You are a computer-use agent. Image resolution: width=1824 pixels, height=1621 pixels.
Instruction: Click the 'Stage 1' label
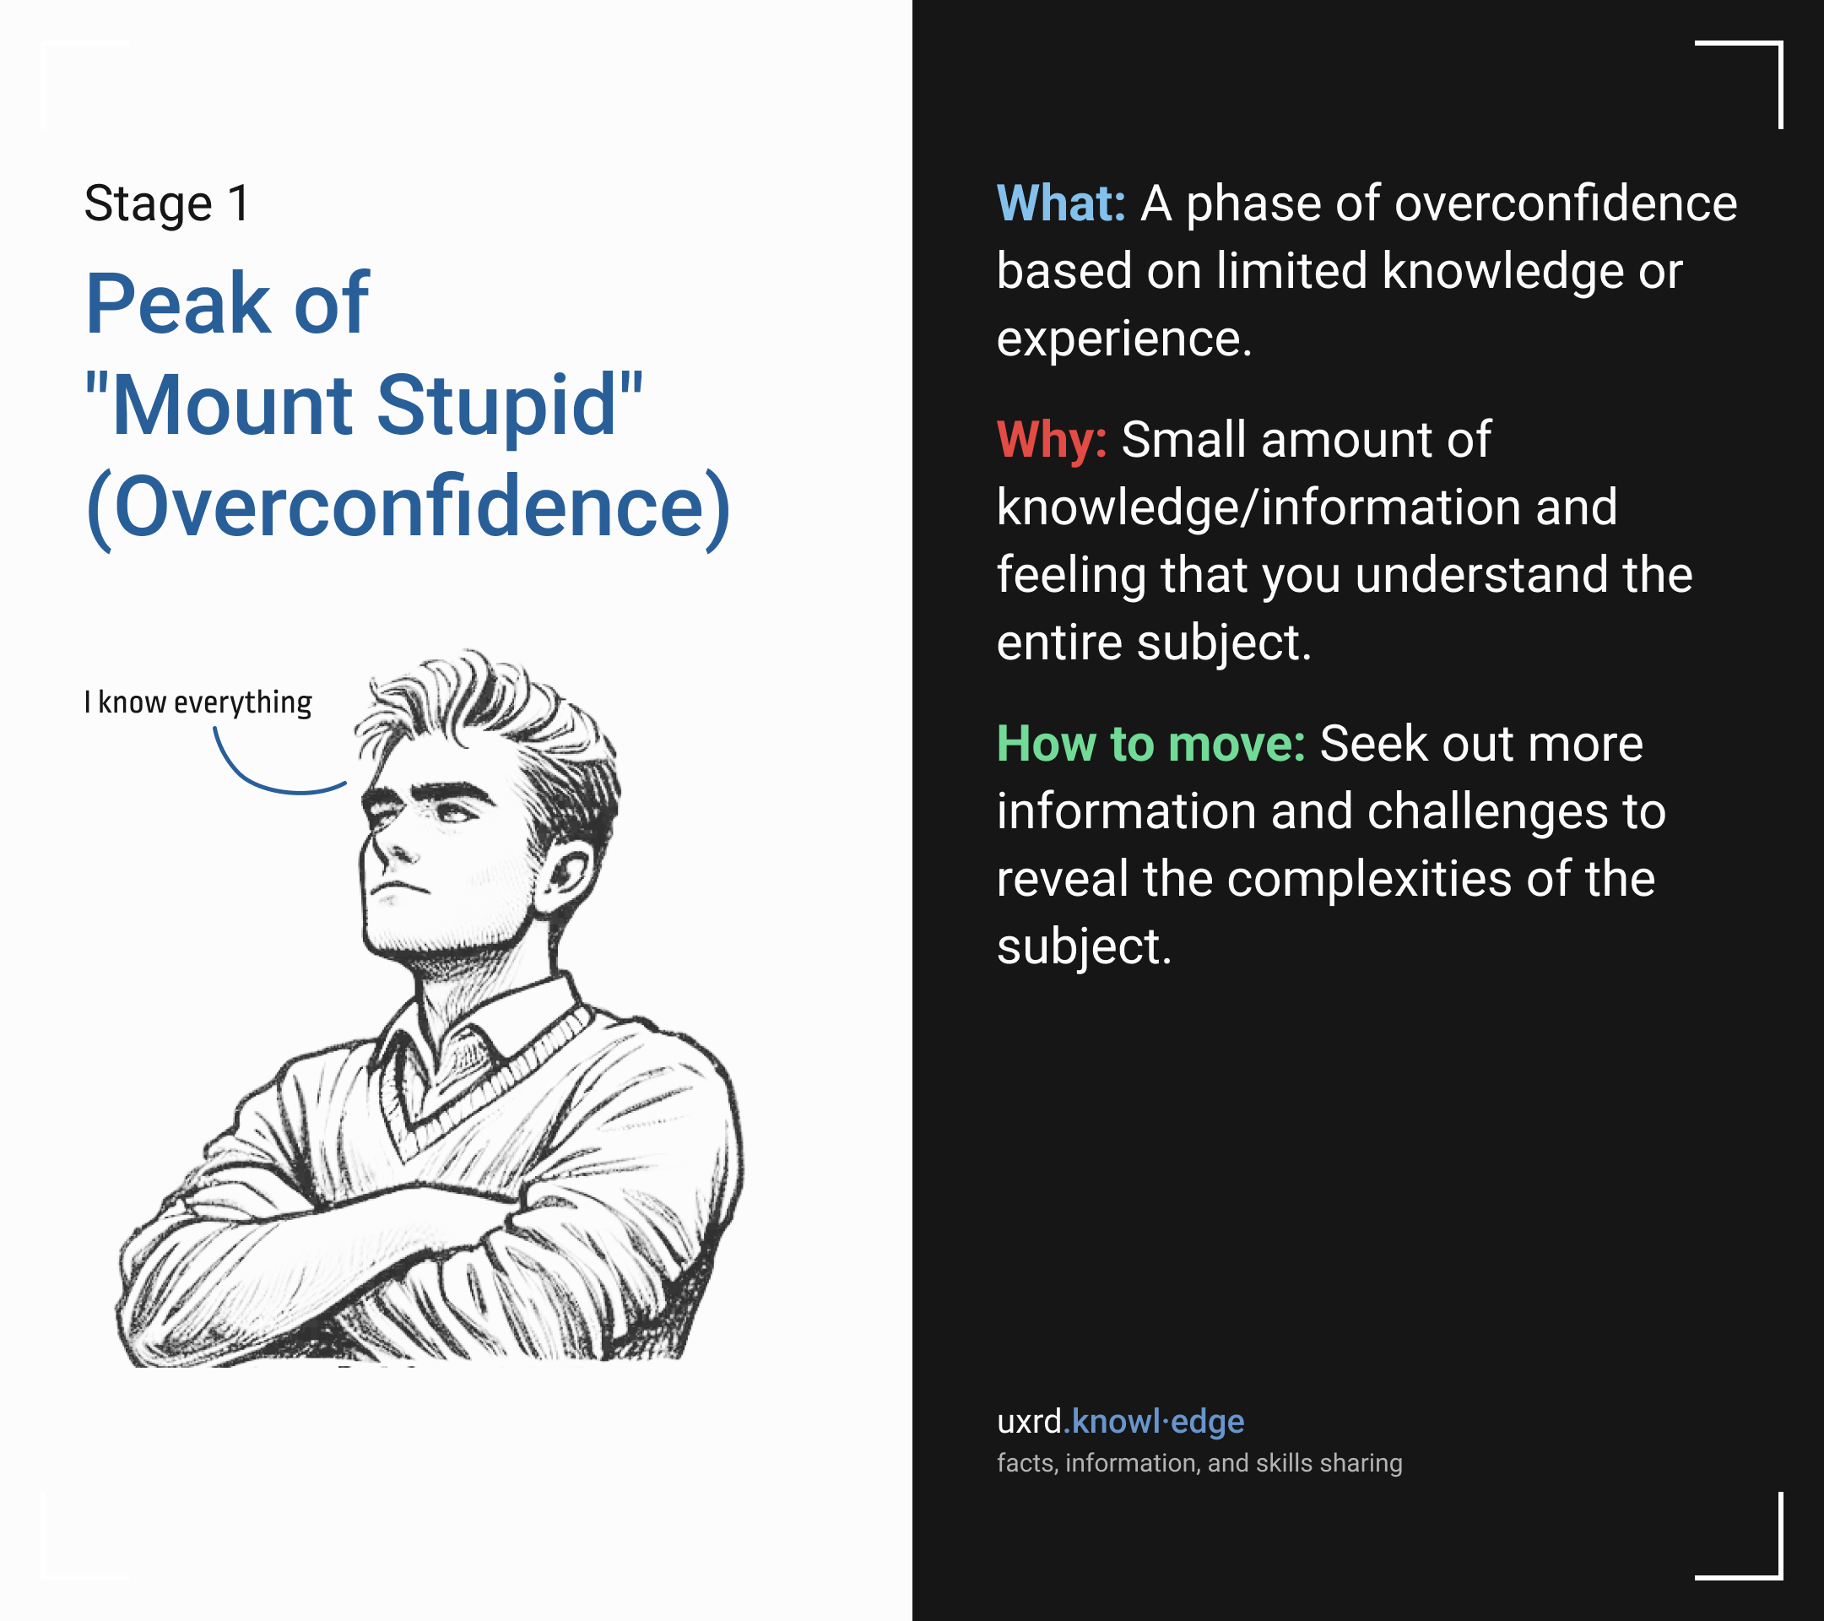tap(167, 204)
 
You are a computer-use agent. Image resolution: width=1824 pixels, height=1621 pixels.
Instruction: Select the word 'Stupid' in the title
tap(497, 405)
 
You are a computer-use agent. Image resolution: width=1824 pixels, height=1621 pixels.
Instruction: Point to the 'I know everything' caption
tap(198, 702)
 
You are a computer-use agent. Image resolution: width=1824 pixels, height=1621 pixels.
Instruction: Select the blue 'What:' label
tap(1061, 203)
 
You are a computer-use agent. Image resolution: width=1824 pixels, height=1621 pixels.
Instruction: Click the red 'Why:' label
tap(1052, 440)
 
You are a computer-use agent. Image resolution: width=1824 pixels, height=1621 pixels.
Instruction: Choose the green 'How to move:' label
tap(1151, 744)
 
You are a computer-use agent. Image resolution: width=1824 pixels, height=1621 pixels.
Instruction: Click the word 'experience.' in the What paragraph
tap(1124, 340)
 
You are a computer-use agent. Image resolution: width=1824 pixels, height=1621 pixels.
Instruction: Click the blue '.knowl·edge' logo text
tap(1154, 1421)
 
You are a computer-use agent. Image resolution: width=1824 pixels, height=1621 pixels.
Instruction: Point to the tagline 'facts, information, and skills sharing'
tap(1199, 1463)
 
